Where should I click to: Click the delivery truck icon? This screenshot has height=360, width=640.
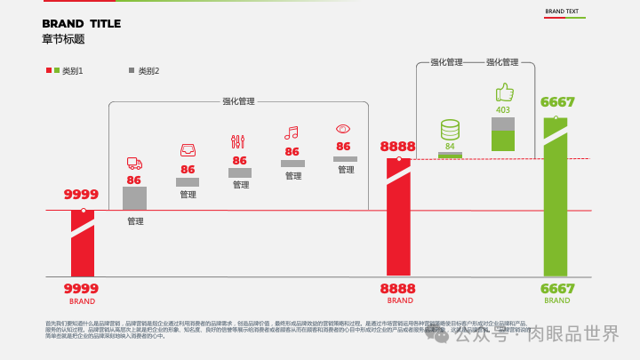point(134,163)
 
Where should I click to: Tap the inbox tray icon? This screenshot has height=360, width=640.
point(188,149)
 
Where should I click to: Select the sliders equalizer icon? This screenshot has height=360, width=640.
point(237,141)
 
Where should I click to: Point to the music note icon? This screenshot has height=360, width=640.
point(291,132)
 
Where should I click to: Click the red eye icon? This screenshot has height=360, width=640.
point(343,129)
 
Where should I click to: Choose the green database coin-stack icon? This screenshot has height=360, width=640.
point(450,130)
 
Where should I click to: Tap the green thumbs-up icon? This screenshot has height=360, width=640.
point(504,92)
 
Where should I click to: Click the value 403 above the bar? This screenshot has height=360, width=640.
point(503,110)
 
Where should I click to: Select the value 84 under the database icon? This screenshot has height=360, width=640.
point(450,146)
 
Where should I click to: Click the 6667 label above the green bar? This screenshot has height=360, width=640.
point(557,102)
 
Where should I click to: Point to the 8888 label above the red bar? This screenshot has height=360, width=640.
point(397,147)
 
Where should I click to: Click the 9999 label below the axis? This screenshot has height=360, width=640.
point(81,288)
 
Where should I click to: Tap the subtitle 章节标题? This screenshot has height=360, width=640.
point(63,39)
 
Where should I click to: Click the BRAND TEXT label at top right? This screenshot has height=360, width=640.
point(562,12)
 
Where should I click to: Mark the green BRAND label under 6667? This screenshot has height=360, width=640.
point(557,300)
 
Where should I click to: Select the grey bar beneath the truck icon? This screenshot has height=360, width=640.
point(134,198)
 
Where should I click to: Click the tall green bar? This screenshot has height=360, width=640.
point(556,204)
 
